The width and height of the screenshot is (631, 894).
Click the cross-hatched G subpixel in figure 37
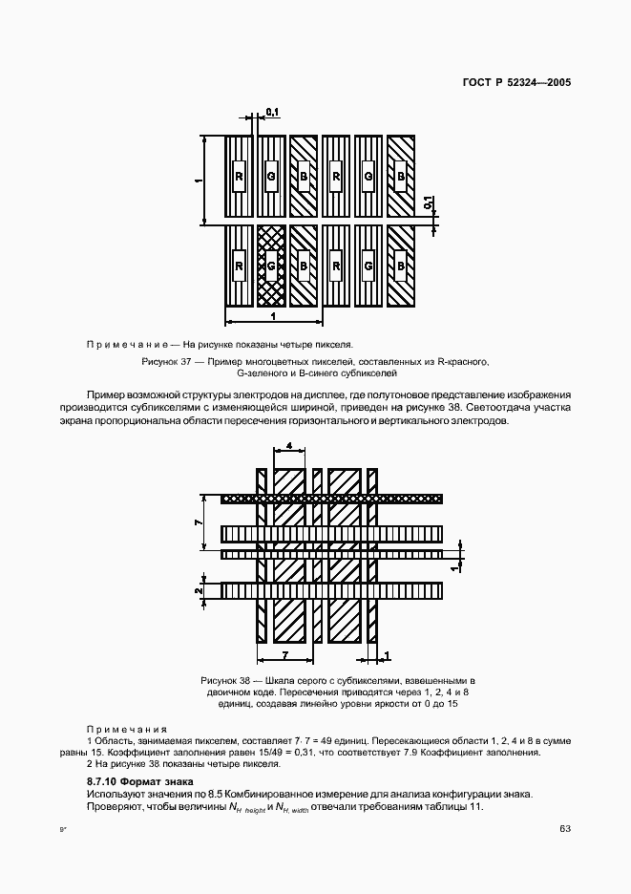[271, 265]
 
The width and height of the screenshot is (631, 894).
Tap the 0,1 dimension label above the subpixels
[272, 113]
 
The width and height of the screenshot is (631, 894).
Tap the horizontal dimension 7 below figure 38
[284, 655]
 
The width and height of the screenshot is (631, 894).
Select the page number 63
[565, 827]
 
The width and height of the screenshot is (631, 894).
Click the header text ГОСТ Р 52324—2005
[517, 83]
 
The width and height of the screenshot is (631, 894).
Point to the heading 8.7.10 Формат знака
[133, 781]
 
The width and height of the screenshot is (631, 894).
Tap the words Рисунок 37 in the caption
[166, 363]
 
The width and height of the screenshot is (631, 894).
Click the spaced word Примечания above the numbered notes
[127, 728]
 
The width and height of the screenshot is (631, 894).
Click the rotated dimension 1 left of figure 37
[198, 179]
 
